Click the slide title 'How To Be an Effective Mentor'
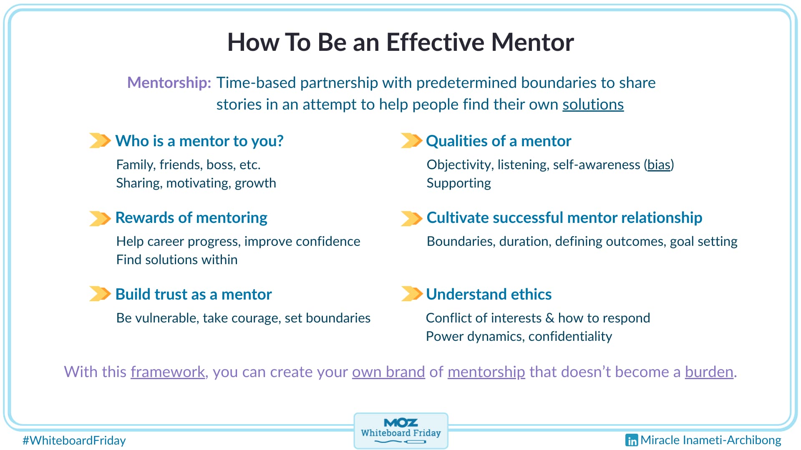pyautogui.click(x=400, y=42)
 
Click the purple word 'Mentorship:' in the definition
pyautogui.click(x=169, y=82)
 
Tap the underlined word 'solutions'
pyautogui.click(x=593, y=105)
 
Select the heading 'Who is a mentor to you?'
pyautogui.click(x=199, y=141)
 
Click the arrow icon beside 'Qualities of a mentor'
pyautogui.click(x=411, y=141)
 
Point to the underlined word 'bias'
pyautogui.click(x=659, y=165)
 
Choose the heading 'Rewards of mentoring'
pyautogui.click(x=191, y=217)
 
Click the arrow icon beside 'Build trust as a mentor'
pyautogui.click(x=100, y=294)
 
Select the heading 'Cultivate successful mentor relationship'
pyautogui.click(x=564, y=217)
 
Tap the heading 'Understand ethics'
pyautogui.click(x=489, y=294)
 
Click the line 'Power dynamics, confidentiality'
pyautogui.click(x=519, y=336)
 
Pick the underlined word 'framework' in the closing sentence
pyautogui.click(x=168, y=372)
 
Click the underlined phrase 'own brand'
pyautogui.click(x=388, y=372)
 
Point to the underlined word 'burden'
pyautogui.click(x=709, y=372)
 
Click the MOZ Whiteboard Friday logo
pyautogui.click(x=400, y=431)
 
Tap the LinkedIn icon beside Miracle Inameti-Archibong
pyautogui.click(x=632, y=440)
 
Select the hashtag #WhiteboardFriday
pyautogui.click(x=74, y=440)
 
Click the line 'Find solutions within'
pyautogui.click(x=177, y=260)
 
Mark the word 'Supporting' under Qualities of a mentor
pyautogui.click(x=458, y=183)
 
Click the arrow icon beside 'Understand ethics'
pyautogui.click(x=411, y=294)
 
